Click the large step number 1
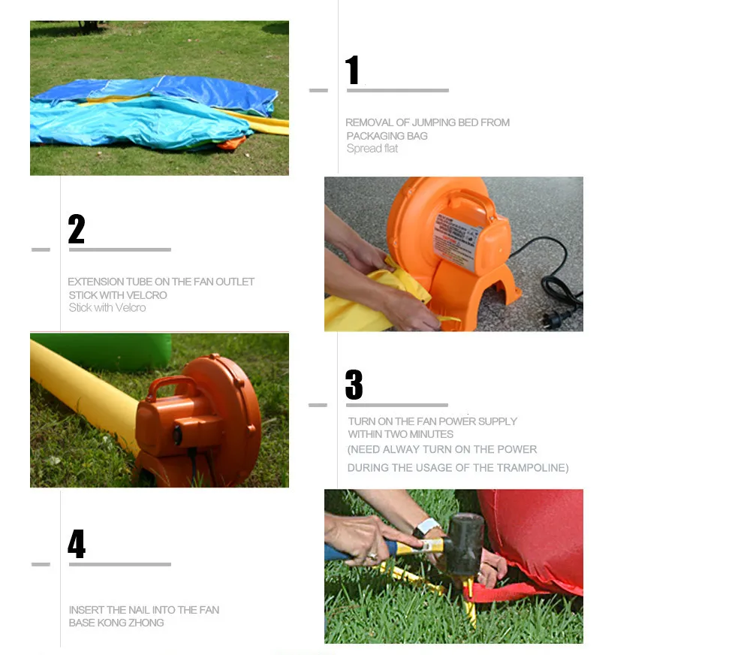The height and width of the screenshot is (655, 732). click(352, 70)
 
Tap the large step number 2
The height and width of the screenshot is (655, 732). click(77, 229)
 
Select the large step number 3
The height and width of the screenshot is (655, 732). click(354, 385)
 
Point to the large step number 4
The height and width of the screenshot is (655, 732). click(77, 544)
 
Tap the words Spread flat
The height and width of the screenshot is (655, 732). click(372, 149)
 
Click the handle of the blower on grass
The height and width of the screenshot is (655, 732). click(172, 387)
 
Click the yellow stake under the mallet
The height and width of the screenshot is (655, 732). click(469, 602)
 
